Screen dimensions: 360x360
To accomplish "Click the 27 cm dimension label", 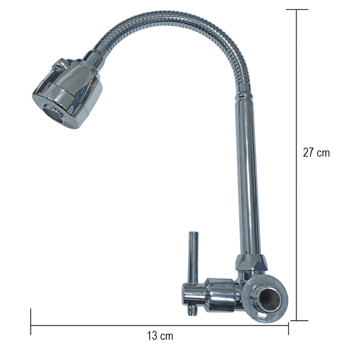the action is point(316,152).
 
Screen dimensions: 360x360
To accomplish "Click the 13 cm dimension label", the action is point(160,336).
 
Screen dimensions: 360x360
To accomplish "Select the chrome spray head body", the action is point(67,94).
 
